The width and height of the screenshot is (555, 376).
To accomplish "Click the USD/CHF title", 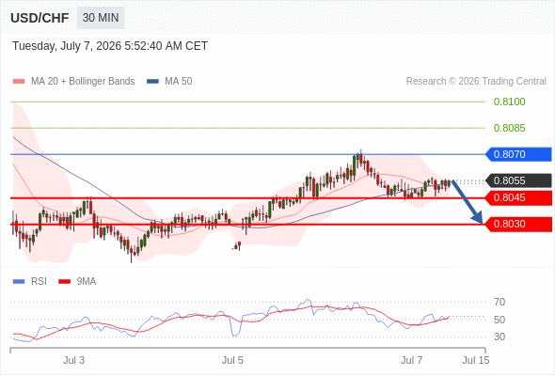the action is [40, 18].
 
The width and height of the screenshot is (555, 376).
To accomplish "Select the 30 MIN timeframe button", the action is [101, 17].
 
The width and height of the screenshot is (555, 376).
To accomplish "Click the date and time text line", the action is [110, 46].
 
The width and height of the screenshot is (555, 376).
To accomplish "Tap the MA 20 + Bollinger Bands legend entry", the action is [73, 82].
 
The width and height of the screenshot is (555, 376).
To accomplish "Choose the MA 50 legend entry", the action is [169, 82].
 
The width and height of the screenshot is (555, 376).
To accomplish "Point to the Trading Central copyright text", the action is [476, 82].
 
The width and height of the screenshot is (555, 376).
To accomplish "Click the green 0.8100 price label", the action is [509, 102].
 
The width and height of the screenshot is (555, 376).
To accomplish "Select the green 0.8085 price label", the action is [509, 128].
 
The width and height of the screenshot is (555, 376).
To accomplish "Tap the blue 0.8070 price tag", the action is [518, 154].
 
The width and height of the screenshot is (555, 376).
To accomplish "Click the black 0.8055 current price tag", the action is [518, 180].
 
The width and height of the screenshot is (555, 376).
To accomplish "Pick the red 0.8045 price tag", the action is [518, 197].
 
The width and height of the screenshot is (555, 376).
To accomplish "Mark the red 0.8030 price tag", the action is [518, 225].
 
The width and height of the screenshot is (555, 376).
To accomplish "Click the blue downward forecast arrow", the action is [467, 201].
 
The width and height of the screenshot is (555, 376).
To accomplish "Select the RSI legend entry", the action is [30, 282].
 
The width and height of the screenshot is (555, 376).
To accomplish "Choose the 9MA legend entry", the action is [77, 282].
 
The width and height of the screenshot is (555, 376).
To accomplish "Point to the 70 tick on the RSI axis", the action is [499, 302].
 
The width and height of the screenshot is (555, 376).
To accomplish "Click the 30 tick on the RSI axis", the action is [499, 337].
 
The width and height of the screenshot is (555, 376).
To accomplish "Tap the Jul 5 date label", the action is [232, 360].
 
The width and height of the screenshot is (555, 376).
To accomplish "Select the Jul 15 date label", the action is [476, 360].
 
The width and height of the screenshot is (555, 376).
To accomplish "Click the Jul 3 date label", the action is [73, 360].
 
